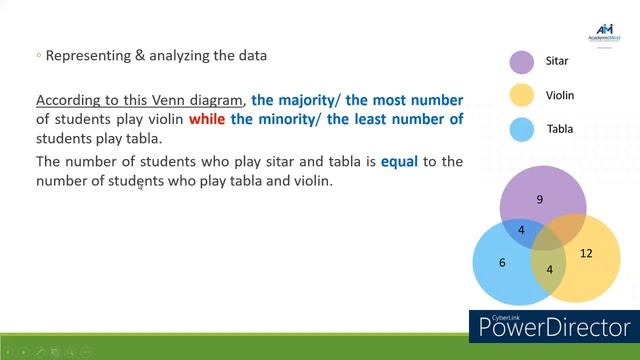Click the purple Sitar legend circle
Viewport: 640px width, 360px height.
522,62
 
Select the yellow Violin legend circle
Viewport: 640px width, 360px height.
522,96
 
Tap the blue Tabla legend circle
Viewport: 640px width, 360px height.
522,129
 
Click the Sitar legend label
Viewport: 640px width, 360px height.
557,62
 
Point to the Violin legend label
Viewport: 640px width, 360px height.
560,96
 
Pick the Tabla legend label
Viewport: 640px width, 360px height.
559,129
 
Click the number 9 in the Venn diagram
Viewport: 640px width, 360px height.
540,200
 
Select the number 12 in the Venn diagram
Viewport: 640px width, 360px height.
586,253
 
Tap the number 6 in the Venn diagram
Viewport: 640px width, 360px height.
503,263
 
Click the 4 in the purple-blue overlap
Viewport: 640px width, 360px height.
521,230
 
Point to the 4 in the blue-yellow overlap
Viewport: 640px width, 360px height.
549,270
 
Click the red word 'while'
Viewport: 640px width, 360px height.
207,119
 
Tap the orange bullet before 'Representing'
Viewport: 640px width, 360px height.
38,56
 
